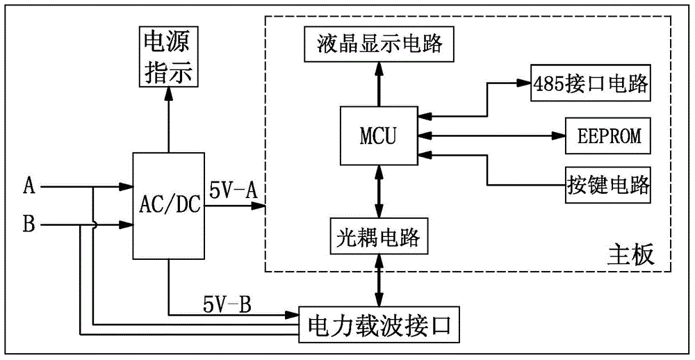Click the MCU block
(377, 136)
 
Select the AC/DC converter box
(167, 205)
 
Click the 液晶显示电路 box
(378, 45)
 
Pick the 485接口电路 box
(590, 85)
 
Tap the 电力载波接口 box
(379, 325)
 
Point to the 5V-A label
(231, 190)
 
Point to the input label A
(29, 186)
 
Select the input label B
(29, 224)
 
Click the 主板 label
(630, 254)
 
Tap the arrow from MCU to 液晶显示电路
(377, 83)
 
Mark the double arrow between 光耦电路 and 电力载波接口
(377, 279)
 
